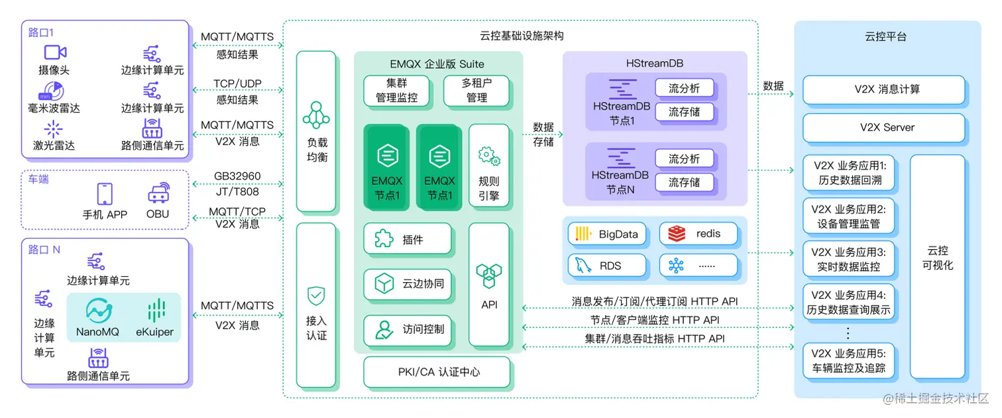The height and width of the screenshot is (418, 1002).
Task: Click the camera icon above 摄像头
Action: pos(56,52)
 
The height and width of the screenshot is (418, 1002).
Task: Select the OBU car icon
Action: pos(158,193)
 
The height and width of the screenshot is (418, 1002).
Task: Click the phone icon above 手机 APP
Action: pos(105,193)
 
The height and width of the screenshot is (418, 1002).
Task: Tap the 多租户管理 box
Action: pos(476,91)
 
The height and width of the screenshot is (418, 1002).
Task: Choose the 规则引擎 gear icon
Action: pos(489,157)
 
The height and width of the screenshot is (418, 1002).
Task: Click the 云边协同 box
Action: pos(408,284)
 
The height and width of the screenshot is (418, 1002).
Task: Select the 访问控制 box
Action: pos(408,329)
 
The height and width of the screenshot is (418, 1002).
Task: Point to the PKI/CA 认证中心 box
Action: pos(437,372)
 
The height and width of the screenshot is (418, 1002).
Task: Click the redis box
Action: pos(698,234)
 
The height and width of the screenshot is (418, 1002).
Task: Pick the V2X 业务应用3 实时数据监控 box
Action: pos(848,260)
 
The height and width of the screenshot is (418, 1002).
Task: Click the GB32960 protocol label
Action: pos(237,177)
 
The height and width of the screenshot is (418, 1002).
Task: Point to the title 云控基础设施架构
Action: pos(522,36)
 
